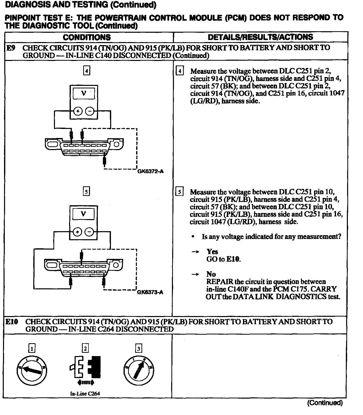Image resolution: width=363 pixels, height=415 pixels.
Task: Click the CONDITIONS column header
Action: coord(87,37)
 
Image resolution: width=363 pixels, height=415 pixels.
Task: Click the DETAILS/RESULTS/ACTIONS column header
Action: coord(260,37)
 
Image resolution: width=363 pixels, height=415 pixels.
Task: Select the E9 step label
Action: coord(11,48)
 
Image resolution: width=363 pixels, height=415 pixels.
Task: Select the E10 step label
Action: coord(12,322)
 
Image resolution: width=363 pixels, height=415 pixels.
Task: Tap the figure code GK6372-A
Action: coord(150,171)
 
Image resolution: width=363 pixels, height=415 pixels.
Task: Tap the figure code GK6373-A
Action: coord(150,292)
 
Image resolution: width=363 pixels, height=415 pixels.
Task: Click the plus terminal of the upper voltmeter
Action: coord(78,111)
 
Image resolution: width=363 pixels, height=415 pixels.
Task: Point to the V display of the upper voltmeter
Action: coord(84,93)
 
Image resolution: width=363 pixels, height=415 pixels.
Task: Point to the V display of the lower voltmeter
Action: coord(83,214)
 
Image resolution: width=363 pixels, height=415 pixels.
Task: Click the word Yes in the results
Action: coord(212,252)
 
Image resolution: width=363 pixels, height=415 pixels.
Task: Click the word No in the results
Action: coord(211,274)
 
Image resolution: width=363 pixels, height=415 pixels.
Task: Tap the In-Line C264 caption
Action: coord(85,394)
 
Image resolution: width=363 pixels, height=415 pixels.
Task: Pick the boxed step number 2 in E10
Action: coord(85,348)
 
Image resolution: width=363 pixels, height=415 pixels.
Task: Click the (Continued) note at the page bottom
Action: coord(325,403)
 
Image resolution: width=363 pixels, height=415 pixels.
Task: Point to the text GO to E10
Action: coord(223,259)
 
